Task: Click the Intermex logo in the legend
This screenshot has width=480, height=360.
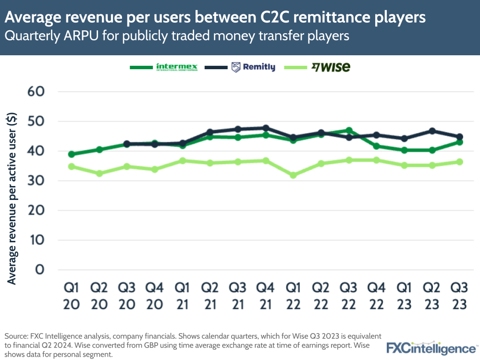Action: click(x=177, y=67)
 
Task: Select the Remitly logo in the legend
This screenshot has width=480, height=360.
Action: click(x=253, y=67)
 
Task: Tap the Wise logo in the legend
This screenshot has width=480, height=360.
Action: click(x=331, y=67)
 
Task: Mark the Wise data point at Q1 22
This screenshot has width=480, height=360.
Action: click(x=293, y=175)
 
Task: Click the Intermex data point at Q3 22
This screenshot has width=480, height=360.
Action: click(x=349, y=130)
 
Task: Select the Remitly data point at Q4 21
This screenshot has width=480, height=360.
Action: click(x=265, y=128)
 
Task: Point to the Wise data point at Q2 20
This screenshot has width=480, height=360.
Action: click(x=99, y=174)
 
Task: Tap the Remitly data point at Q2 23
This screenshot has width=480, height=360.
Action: click(x=432, y=131)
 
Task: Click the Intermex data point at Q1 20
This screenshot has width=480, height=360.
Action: click(x=71, y=154)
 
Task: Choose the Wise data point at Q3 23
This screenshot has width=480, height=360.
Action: click(x=459, y=162)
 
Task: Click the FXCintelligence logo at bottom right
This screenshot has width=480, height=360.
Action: click(x=431, y=348)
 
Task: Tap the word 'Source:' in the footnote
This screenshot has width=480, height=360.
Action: click(x=17, y=335)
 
